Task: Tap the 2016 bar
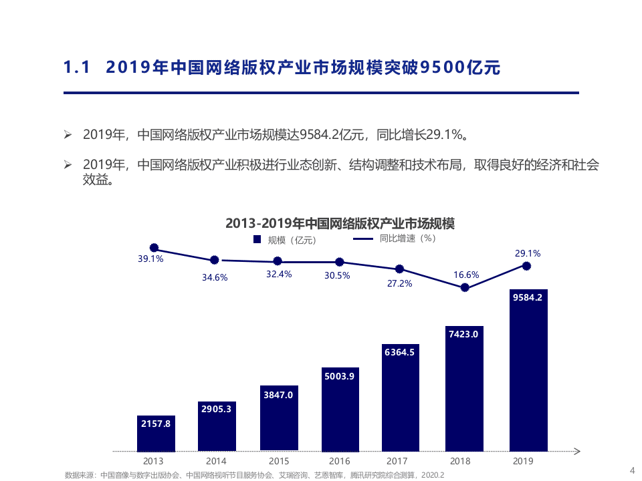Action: click(x=340, y=408)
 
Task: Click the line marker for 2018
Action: click(x=464, y=288)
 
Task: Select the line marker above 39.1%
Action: click(x=154, y=247)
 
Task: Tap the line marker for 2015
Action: click(x=278, y=261)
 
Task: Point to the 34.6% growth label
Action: click(x=215, y=277)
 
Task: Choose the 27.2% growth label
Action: click(x=399, y=283)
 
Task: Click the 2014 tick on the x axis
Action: click(x=216, y=461)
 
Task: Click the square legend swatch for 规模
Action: click(x=257, y=239)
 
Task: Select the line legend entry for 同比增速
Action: click(x=395, y=238)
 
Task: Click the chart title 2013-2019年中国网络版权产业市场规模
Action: click(x=340, y=223)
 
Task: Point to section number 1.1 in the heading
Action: click(x=76, y=67)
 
